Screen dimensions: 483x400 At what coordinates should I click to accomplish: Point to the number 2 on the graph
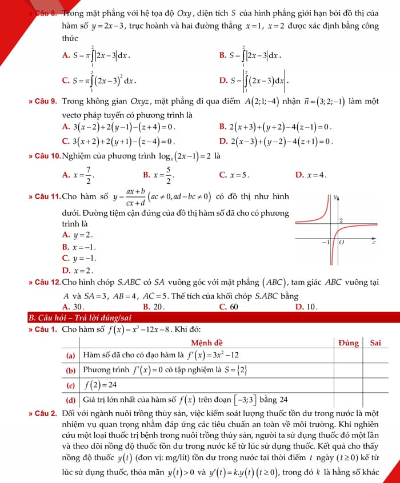(x=341, y=220)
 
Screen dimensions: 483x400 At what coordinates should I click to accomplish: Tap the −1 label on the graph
(x=325, y=243)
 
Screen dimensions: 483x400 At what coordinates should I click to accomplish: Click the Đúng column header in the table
(x=348, y=343)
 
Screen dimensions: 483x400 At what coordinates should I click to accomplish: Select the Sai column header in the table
(x=375, y=343)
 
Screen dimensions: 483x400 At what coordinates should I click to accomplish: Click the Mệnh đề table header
(x=207, y=343)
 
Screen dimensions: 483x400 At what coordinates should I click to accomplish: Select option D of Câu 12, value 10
(x=306, y=307)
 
